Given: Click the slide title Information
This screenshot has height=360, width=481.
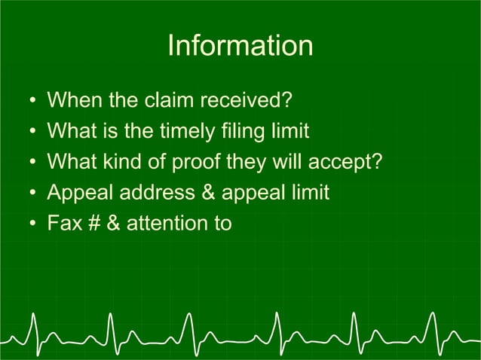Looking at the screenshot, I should (240, 46).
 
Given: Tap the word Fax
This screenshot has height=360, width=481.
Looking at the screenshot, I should (63, 224).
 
